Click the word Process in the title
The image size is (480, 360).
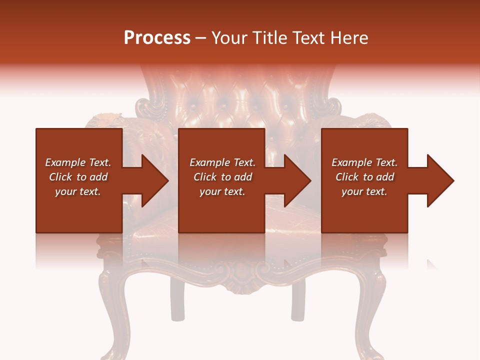tap(157, 38)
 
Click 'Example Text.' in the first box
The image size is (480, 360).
tap(78, 162)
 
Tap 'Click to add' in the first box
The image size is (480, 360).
tap(78, 177)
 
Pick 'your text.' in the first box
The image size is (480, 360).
tap(78, 191)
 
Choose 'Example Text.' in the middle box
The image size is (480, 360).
tap(222, 162)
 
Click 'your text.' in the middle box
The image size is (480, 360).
tap(222, 191)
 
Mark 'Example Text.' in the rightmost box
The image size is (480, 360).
tap(364, 162)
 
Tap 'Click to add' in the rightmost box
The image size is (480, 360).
tap(364, 177)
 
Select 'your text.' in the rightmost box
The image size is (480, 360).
tap(364, 191)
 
